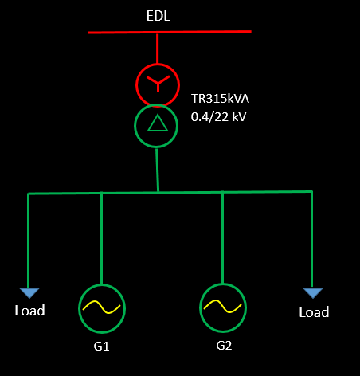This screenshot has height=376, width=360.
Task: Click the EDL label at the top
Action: [x=158, y=16]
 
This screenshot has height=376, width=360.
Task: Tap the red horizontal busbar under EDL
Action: [x=170, y=32]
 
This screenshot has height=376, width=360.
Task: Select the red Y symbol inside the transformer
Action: [x=158, y=83]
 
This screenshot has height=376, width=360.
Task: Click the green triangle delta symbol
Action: [x=158, y=123]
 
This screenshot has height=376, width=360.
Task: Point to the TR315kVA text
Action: [x=220, y=99]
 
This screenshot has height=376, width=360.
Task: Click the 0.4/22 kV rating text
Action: [x=218, y=117]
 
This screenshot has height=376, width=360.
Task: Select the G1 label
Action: [x=101, y=347]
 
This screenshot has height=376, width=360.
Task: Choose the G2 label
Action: [x=224, y=346]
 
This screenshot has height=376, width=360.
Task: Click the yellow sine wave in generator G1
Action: [x=102, y=307]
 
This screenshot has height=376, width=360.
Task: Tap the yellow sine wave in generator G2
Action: [x=223, y=307]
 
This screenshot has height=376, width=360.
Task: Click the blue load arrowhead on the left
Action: [x=29, y=293]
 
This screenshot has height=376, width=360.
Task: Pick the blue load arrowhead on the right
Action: [x=313, y=293]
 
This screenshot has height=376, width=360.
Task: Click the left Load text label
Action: [x=29, y=311]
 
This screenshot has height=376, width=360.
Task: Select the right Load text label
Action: [x=314, y=312]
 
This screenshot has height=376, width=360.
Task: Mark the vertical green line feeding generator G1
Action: [x=101, y=238]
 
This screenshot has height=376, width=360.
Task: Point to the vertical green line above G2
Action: [x=222, y=237]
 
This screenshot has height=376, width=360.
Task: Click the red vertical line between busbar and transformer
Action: [x=158, y=49]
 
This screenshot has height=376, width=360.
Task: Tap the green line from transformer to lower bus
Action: [x=157, y=170]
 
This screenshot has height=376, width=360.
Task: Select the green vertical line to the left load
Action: [x=28, y=241]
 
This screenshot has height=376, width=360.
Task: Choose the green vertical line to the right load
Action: [x=311, y=240]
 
